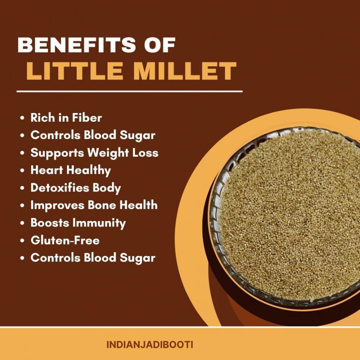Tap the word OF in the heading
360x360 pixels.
point(160,45)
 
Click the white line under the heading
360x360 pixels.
point(130,91)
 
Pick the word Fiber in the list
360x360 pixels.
point(87,118)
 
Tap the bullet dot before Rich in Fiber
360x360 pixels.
point(22,118)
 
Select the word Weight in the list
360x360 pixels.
point(108,153)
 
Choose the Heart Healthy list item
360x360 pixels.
point(71,171)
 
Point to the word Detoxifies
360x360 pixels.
point(60,188)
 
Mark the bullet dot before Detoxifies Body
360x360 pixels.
point(22,188)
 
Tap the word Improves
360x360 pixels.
point(57,206)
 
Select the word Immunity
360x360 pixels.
point(99,223)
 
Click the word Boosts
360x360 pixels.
point(50,223)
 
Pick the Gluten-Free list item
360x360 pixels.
point(65,240)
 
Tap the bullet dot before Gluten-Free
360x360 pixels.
point(22,241)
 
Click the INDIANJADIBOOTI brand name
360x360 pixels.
point(150,345)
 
